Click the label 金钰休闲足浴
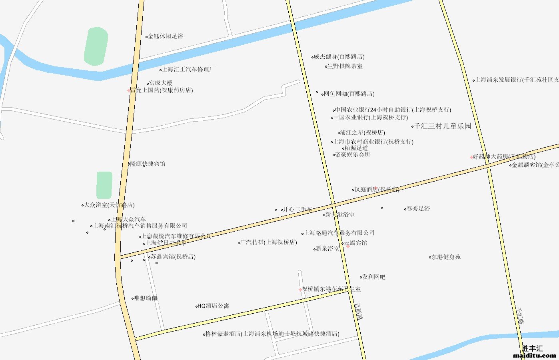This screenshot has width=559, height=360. [166, 36]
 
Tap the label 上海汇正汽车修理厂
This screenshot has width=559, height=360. [188, 69]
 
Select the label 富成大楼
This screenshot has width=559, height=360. [161, 83]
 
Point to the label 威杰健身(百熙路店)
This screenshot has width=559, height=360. [339, 57]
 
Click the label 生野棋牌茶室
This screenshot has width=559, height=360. [345, 66]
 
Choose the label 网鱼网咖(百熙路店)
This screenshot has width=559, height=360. [349, 94]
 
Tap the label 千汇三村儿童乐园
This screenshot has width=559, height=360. [443, 126]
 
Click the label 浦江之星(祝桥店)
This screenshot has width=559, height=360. [363, 133]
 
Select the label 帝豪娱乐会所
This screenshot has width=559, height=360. [353, 155]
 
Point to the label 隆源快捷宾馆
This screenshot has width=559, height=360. [148, 164]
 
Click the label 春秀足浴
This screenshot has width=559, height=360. [418, 209]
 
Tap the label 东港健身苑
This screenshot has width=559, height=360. [446, 257]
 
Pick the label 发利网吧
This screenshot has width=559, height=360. [374, 277]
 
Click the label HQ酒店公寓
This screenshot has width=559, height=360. [214, 306]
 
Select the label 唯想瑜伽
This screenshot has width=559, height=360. [146, 298]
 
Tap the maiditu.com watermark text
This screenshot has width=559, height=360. [534, 355]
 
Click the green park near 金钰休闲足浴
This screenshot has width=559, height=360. [96, 46]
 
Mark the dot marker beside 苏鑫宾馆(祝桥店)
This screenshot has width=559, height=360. [150, 257]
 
